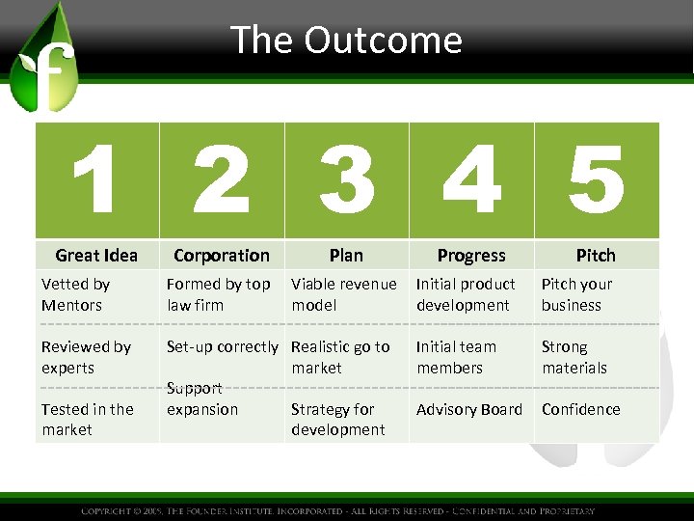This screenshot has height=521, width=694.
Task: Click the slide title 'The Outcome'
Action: click(x=346, y=41)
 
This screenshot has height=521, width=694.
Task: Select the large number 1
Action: click(x=96, y=181)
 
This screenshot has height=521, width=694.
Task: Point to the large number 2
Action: click(x=222, y=181)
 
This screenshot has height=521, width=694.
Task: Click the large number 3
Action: click(x=346, y=181)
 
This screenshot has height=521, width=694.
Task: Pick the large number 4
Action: click(x=471, y=181)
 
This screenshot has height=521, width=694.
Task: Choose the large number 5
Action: click(x=596, y=181)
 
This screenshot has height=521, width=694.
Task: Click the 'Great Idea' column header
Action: click(x=96, y=256)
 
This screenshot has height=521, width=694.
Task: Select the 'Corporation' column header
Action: click(x=222, y=256)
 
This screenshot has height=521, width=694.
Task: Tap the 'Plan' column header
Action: click(x=346, y=256)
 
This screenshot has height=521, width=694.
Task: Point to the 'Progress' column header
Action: click(x=471, y=256)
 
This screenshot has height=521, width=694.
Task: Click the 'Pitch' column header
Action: click(x=596, y=256)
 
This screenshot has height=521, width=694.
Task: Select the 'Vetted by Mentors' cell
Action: click(x=76, y=294)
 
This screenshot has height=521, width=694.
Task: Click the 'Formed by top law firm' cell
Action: click(x=219, y=294)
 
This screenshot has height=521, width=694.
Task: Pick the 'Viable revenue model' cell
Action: click(x=343, y=294)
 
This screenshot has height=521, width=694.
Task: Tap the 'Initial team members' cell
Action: click(x=457, y=357)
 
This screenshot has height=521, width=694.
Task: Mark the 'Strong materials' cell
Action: click(x=574, y=357)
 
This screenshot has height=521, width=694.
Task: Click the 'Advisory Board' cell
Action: click(x=469, y=409)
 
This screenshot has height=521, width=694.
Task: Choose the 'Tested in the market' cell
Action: click(x=88, y=419)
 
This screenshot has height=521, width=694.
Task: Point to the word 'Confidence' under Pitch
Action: click(x=581, y=409)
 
